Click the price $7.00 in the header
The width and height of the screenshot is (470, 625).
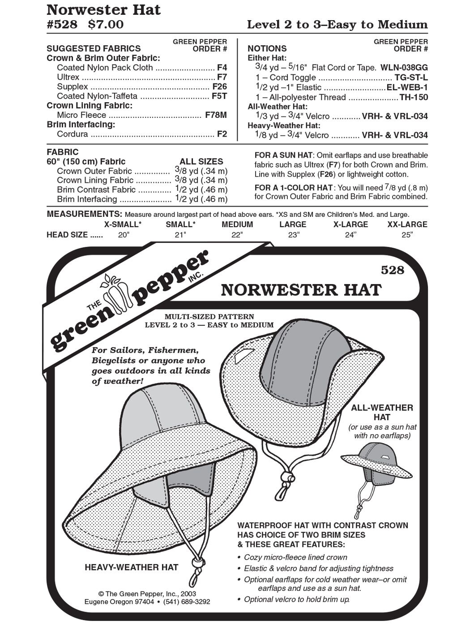[106, 24]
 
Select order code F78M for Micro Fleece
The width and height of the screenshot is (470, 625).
[216, 115]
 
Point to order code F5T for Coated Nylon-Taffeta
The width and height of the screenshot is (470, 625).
[219, 96]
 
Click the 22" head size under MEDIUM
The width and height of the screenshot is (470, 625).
[237, 235]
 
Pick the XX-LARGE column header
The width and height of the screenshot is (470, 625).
[407, 224]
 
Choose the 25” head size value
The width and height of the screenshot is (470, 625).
[407, 235]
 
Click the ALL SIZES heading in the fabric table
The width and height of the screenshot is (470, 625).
[201, 162]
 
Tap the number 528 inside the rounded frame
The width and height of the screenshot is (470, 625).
[392, 270]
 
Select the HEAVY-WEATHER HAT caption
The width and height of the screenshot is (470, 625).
[132, 567]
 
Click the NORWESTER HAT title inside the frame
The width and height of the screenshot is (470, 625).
[301, 290]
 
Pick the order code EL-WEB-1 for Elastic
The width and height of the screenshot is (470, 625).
[407, 87]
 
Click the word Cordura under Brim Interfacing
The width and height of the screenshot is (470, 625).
[73, 134]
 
